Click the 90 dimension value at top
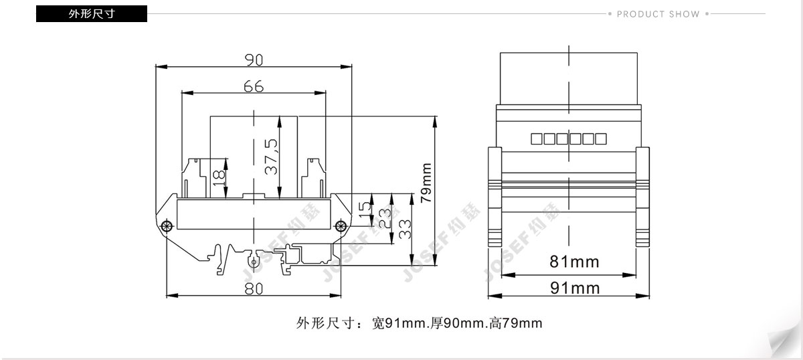click(x=254, y=60)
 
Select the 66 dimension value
click(x=254, y=86)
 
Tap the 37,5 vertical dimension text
click(x=272, y=157)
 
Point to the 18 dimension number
click(x=219, y=178)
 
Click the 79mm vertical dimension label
click(x=426, y=183)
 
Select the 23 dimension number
click(x=385, y=218)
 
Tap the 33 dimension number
click(x=405, y=230)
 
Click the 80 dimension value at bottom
click(x=254, y=288)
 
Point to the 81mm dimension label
click(x=574, y=262)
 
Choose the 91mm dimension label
click(x=575, y=288)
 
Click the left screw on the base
click(x=167, y=226)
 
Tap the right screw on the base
click(x=341, y=226)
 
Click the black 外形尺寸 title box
click(x=92, y=13)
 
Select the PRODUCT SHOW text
click(x=658, y=14)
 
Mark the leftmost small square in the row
click(x=536, y=139)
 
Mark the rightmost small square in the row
click(x=601, y=139)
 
